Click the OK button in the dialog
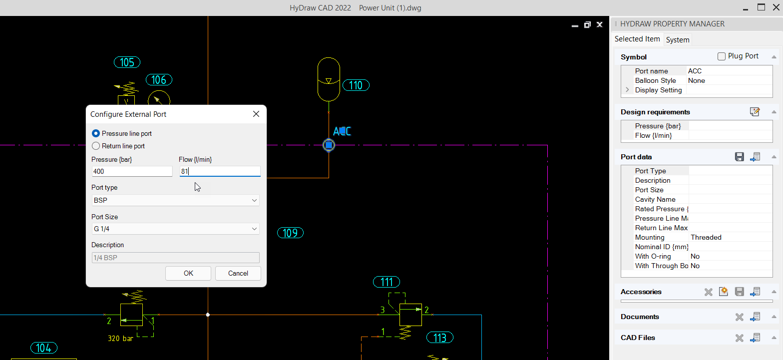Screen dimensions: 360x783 [188, 273]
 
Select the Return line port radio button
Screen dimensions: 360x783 [96, 146]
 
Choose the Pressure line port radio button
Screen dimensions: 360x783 [96, 134]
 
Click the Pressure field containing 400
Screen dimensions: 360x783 [132, 171]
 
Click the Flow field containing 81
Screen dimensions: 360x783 [220, 171]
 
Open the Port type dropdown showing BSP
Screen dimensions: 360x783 [175, 200]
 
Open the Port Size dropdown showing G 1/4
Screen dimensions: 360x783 [175, 229]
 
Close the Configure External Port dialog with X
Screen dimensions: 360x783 [256, 114]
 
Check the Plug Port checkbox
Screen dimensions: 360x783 [722, 56]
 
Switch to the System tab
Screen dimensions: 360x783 [678, 40]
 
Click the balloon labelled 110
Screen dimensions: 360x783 [356, 85]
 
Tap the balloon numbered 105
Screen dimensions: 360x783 [127, 62]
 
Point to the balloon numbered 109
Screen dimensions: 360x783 [290, 233]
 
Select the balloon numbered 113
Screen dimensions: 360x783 [439, 338]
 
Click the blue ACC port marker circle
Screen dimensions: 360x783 [329, 145]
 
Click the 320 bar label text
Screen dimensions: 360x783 [120, 338]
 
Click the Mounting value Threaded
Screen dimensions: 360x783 [706, 237]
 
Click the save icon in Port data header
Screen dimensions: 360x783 [740, 157]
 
